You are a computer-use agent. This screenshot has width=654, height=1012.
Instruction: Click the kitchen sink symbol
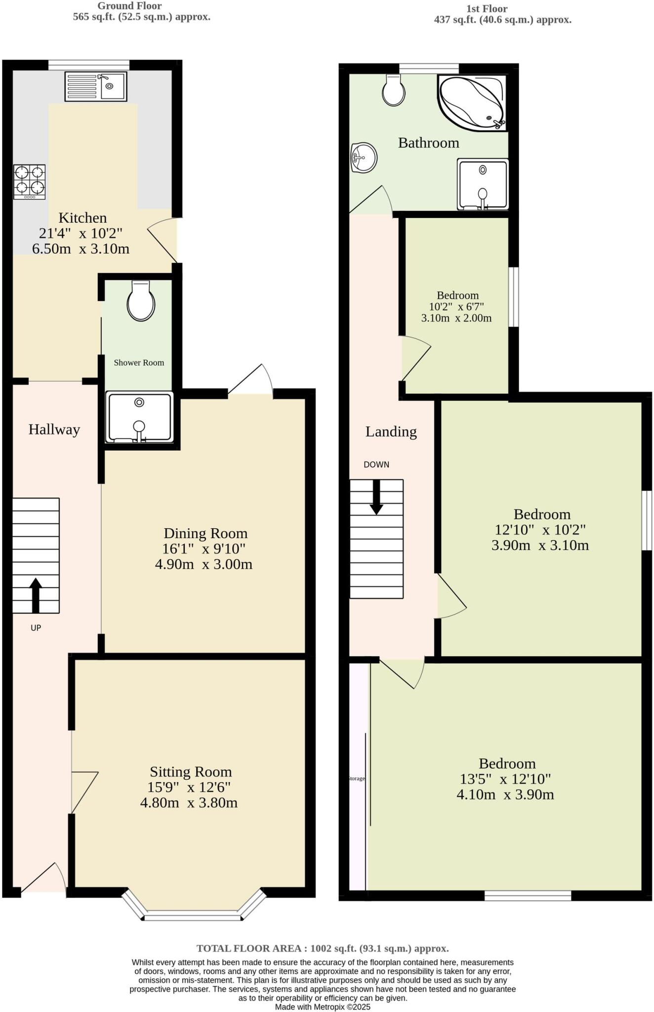click(95, 86)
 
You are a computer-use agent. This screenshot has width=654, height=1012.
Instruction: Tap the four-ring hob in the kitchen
click(30, 181)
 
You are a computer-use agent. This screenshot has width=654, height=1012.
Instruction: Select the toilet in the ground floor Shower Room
click(141, 301)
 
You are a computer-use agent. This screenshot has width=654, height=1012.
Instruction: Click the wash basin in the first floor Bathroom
click(364, 158)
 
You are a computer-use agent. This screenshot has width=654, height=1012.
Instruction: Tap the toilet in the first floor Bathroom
click(394, 90)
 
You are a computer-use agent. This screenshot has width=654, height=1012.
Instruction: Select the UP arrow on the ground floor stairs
click(36, 595)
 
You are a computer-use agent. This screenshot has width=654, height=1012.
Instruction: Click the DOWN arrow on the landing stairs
click(376, 497)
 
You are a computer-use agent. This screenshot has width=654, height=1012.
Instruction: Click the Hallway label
click(54, 429)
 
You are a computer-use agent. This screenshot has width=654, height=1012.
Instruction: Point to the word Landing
click(391, 431)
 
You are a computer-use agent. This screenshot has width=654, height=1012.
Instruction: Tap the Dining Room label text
click(205, 533)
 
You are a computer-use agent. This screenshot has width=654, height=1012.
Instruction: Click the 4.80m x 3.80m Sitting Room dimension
click(189, 802)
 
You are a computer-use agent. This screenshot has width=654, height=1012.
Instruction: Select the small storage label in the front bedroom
click(357, 778)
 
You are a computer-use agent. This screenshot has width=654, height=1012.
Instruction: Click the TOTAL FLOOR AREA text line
click(323, 948)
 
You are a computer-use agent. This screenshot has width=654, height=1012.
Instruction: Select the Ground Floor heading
click(129, 6)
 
